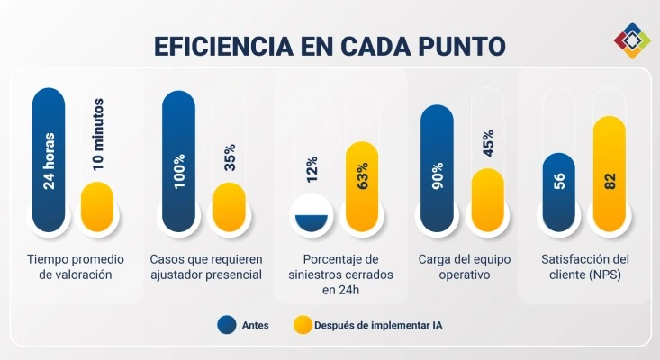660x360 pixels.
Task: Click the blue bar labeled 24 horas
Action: click(49, 159)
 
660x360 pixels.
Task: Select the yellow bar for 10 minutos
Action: click(97, 206)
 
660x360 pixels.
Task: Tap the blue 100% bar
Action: click(179, 159)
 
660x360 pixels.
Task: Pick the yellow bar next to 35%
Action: click(229, 206)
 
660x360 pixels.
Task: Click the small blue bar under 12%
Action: click(310, 219)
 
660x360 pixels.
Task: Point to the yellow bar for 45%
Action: click(486, 199)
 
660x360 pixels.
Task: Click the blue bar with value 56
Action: click(558, 192)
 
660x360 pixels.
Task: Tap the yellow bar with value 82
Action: click(609, 174)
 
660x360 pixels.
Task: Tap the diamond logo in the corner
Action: click(632, 40)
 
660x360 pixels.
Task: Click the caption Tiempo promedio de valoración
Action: click(70, 267)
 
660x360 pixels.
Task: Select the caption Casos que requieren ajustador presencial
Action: click(204, 267)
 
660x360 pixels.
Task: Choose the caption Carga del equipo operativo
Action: click(465, 267)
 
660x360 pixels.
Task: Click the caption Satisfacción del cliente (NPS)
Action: click(585, 267)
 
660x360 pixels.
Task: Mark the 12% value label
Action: click(312, 167)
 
